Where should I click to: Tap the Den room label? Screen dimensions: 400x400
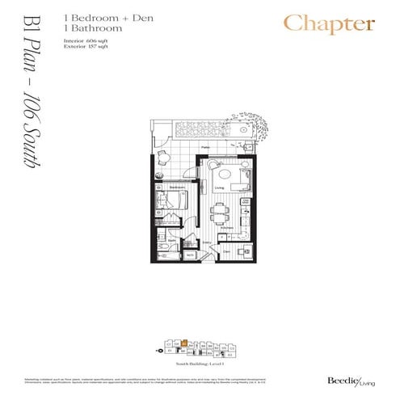point(226,251)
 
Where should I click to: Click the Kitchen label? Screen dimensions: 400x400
point(228,228)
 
